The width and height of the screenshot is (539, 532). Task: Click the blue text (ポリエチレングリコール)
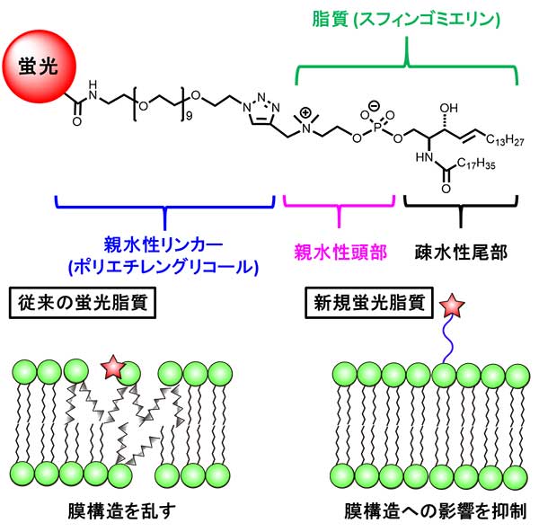(x=167, y=266)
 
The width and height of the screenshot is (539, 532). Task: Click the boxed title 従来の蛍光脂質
(x=82, y=302)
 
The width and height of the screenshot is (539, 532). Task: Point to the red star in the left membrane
(x=113, y=367)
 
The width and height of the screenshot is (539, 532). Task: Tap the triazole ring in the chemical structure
(x=261, y=110)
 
